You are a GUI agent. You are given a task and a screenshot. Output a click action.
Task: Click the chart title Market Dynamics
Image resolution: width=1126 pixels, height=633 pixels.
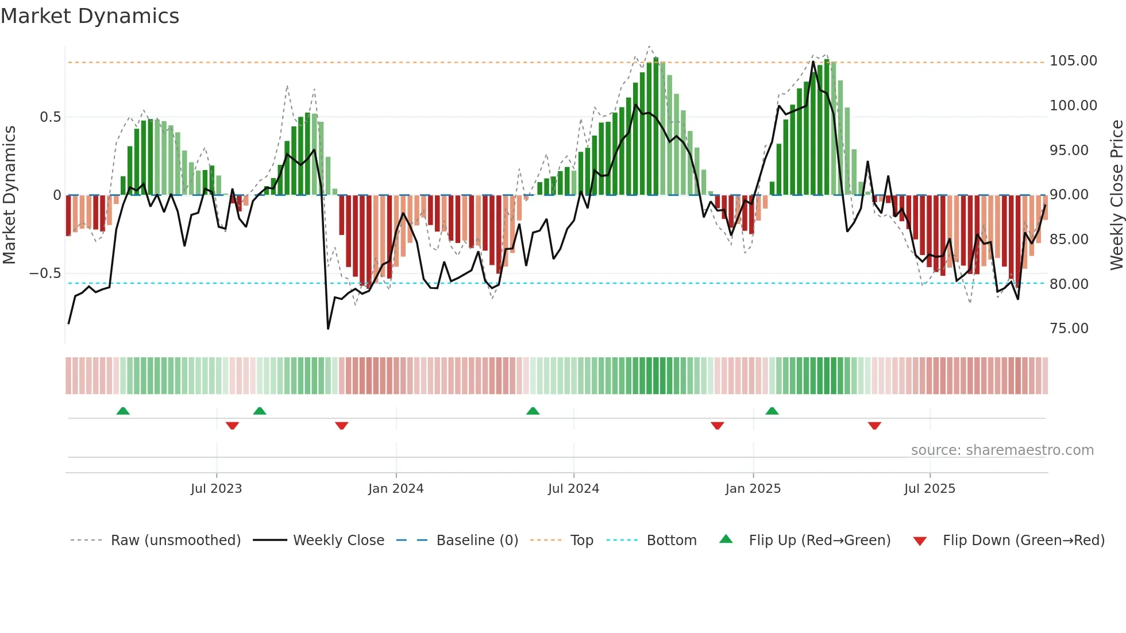(x=90, y=16)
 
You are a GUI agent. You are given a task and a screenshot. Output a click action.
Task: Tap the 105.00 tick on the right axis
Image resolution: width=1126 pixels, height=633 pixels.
(x=1073, y=61)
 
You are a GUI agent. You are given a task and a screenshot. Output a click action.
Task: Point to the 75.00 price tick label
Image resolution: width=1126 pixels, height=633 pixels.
(x=1069, y=329)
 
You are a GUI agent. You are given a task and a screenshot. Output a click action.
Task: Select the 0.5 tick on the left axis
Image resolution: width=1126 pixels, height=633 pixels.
(x=50, y=117)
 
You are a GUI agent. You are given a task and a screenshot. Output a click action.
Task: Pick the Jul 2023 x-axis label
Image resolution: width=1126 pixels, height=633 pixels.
(x=216, y=489)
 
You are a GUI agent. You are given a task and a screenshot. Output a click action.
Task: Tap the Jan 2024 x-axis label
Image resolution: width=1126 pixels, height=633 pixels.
(x=396, y=489)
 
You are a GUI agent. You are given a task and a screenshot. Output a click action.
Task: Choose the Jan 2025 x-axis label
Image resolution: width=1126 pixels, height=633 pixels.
(x=753, y=489)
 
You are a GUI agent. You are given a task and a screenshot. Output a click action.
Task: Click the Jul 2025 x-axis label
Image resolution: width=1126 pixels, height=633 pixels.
(x=929, y=489)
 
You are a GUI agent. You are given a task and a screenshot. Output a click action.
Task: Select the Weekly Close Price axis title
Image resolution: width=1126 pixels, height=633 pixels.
(x=1116, y=195)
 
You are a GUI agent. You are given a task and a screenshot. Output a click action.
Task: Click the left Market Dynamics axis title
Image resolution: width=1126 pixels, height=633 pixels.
(x=9, y=195)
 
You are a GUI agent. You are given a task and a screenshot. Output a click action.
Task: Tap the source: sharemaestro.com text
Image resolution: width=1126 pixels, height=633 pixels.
(x=1002, y=450)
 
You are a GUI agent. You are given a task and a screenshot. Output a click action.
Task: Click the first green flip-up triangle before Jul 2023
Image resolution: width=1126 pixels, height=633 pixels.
(x=123, y=411)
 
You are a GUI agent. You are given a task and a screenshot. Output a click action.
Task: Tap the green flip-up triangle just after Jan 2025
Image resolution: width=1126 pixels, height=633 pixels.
(x=772, y=411)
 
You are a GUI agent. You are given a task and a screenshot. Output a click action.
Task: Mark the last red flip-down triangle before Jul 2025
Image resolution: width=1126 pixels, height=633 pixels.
(x=874, y=426)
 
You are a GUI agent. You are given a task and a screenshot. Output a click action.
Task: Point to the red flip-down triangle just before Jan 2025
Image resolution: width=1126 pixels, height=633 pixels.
(x=717, y=426)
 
